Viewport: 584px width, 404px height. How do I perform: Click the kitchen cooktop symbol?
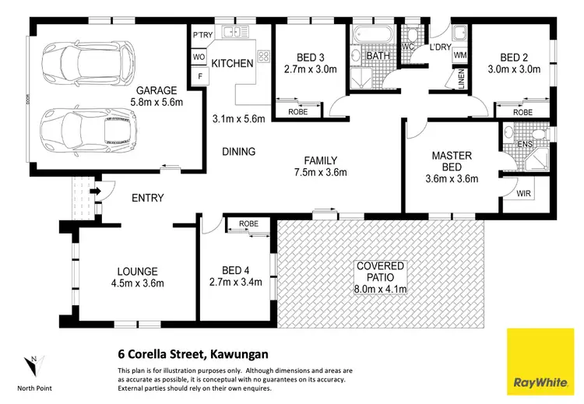pos(262,55)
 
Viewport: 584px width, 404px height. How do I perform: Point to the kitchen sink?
pos(232,33)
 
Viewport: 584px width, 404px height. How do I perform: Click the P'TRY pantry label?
pos(202,35)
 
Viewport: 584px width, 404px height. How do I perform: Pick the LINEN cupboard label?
pos(460,80)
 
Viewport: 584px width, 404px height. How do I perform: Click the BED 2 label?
pos(515,56)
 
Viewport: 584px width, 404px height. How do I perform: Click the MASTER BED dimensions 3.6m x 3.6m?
pos(452,178)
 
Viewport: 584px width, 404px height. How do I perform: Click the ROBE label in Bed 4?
pos(248,223)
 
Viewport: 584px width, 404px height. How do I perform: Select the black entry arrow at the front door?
pos(95,190)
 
